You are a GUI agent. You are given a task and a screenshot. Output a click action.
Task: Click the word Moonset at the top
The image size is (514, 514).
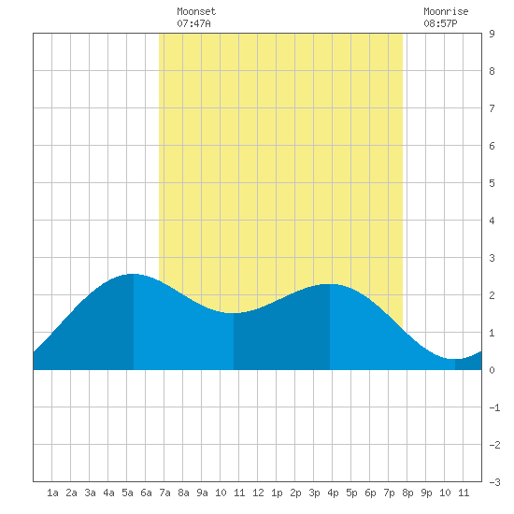coord(196,11)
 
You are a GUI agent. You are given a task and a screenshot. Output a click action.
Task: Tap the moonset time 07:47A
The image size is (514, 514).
coord(193,23)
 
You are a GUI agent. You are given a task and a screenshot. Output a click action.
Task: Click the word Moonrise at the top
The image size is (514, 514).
coord(446,11)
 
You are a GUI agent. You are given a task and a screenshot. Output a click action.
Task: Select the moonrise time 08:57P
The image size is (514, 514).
coord(440,23)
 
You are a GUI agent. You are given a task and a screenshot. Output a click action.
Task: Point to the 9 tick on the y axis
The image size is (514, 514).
coord(492,34)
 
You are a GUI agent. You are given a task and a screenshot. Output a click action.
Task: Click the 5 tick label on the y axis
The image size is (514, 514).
coord(492,183)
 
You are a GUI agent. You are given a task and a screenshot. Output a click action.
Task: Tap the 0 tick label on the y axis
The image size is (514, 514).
coord(492,370)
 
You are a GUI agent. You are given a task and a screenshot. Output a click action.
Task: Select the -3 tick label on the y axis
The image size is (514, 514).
coord(494,482)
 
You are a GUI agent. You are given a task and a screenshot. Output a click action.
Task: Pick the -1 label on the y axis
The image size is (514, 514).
coord(494,407)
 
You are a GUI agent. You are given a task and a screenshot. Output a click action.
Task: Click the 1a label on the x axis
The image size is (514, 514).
coord(52,493)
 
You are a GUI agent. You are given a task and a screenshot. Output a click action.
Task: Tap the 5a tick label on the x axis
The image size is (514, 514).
coord(127,493)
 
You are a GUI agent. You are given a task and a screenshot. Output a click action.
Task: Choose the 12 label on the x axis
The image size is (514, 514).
coord(258,493)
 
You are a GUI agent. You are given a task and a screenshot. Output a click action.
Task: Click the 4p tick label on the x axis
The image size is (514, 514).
coord(333,493)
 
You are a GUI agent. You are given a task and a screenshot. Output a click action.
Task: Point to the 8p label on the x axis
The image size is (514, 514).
coord(407,493)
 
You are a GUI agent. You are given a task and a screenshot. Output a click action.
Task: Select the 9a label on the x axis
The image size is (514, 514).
coord(202,493)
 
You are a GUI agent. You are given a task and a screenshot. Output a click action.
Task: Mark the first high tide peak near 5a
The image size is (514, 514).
coord(133,274)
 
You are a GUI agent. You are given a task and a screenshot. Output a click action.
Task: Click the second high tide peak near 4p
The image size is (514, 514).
coord(330,284)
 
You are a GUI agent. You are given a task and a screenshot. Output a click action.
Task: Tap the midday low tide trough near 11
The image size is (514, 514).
coord(234,313)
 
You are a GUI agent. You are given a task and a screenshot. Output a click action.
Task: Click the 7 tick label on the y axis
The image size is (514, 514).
coord(492,108)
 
